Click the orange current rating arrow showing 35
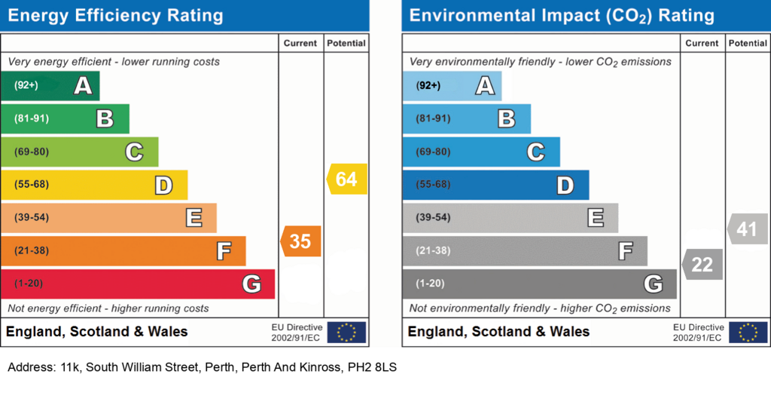(301, 241)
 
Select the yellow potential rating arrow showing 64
(346, 179)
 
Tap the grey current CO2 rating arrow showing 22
(702, 265)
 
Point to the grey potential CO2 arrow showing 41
(748, 229)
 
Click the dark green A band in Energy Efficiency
(50, 86)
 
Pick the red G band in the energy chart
(138, 284)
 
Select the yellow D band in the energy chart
(94, 185)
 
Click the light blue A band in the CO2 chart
(452, 86)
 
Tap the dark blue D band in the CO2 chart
(495, 185)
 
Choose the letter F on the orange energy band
(224, 251)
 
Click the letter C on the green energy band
(134, 152)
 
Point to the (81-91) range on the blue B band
(433, 118)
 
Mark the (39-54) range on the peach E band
(32, 218)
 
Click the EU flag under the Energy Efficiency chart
(346, 333)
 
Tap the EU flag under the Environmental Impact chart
(748, 333)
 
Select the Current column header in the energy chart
(300, 43)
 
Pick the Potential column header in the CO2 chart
(748, 43)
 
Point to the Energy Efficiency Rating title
(115, 16)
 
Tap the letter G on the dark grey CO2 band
(654, 284)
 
